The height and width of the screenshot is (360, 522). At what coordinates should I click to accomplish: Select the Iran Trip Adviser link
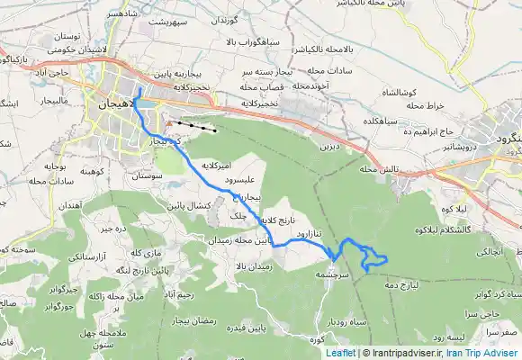pos(488,354)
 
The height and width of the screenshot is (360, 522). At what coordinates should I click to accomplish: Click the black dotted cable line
pos(196,125)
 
